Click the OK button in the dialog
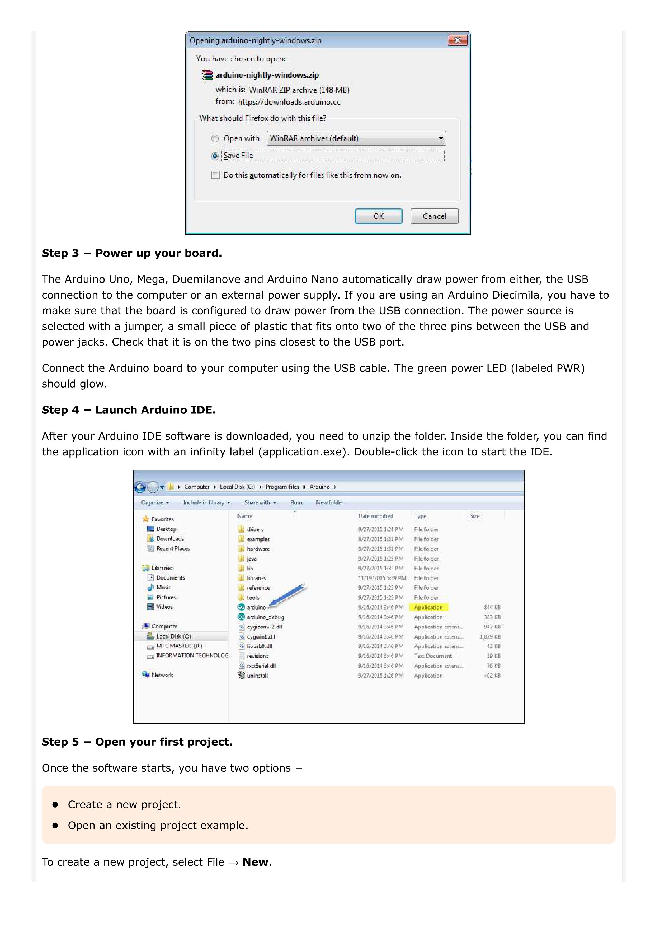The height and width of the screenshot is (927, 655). click(378, 216)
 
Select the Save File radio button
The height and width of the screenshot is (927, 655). click(215, 156)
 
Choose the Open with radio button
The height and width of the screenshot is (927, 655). click(215, 139)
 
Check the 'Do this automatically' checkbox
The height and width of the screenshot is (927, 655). click(215, 175)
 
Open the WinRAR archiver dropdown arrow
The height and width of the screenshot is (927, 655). click(440, 138)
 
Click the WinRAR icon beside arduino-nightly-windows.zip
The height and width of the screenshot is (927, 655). click(207, 75)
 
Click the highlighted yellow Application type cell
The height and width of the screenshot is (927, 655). click(428, 607)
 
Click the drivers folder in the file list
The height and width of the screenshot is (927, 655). click(255, 529)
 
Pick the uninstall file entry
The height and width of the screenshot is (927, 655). click(257, 676)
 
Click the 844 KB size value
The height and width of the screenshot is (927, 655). click(492, 607)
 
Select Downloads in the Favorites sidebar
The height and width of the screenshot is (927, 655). click(170, 539)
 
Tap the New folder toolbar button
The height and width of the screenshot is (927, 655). click(329, 503)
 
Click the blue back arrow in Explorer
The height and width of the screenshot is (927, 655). click(140, 487)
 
